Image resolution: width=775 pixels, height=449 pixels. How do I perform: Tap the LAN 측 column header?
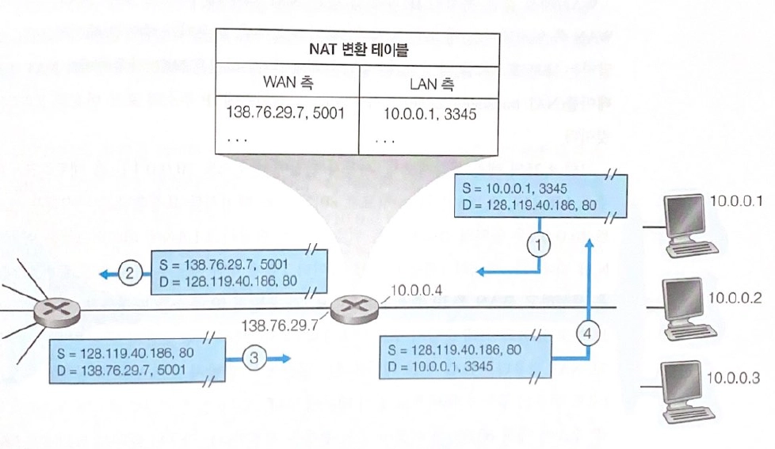pos(429,82)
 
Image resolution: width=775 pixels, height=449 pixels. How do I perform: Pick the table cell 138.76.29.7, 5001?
pos(285,113)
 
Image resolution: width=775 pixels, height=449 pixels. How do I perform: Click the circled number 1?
pos(539,245)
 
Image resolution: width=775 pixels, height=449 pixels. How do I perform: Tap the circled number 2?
pos(129,275)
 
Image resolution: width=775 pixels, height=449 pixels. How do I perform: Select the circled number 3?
pos(253,358)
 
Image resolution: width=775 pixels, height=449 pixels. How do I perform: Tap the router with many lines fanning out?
pos(49,312)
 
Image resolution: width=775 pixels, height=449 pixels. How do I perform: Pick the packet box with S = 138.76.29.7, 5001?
pos(235,273)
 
